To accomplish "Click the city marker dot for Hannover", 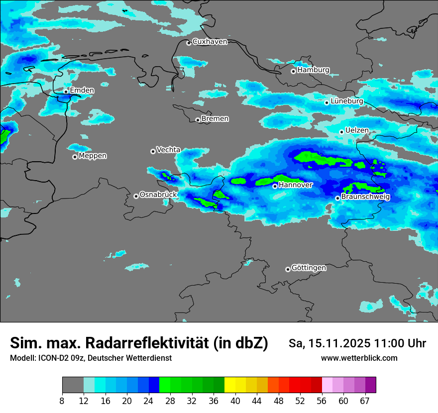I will click(x=275, y=186).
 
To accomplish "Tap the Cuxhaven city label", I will click(x=210, y=42).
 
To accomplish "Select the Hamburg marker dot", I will click(x=293, y=71).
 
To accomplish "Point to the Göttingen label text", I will click(x=309, y=268).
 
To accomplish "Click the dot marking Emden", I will click(x=66, y=92).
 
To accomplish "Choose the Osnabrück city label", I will click(x=158, y=195).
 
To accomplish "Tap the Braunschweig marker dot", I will click(x=337, y=198).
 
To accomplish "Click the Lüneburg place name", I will click(x=347, y=102).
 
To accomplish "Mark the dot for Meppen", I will click(x=75, y=157).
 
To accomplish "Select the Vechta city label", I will click(x=168, y=150).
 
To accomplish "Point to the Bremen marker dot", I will click(x=198, y=120).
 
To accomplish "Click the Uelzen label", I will click(x=357, y=131).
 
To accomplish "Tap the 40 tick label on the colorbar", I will click(x=235, y=401).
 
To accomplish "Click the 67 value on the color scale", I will click(x=365, y=401).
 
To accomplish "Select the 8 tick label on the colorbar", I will click(x=62, y=401).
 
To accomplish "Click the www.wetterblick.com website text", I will click(x=359, y=358).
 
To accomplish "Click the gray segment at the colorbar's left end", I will click(x=73, y=385).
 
